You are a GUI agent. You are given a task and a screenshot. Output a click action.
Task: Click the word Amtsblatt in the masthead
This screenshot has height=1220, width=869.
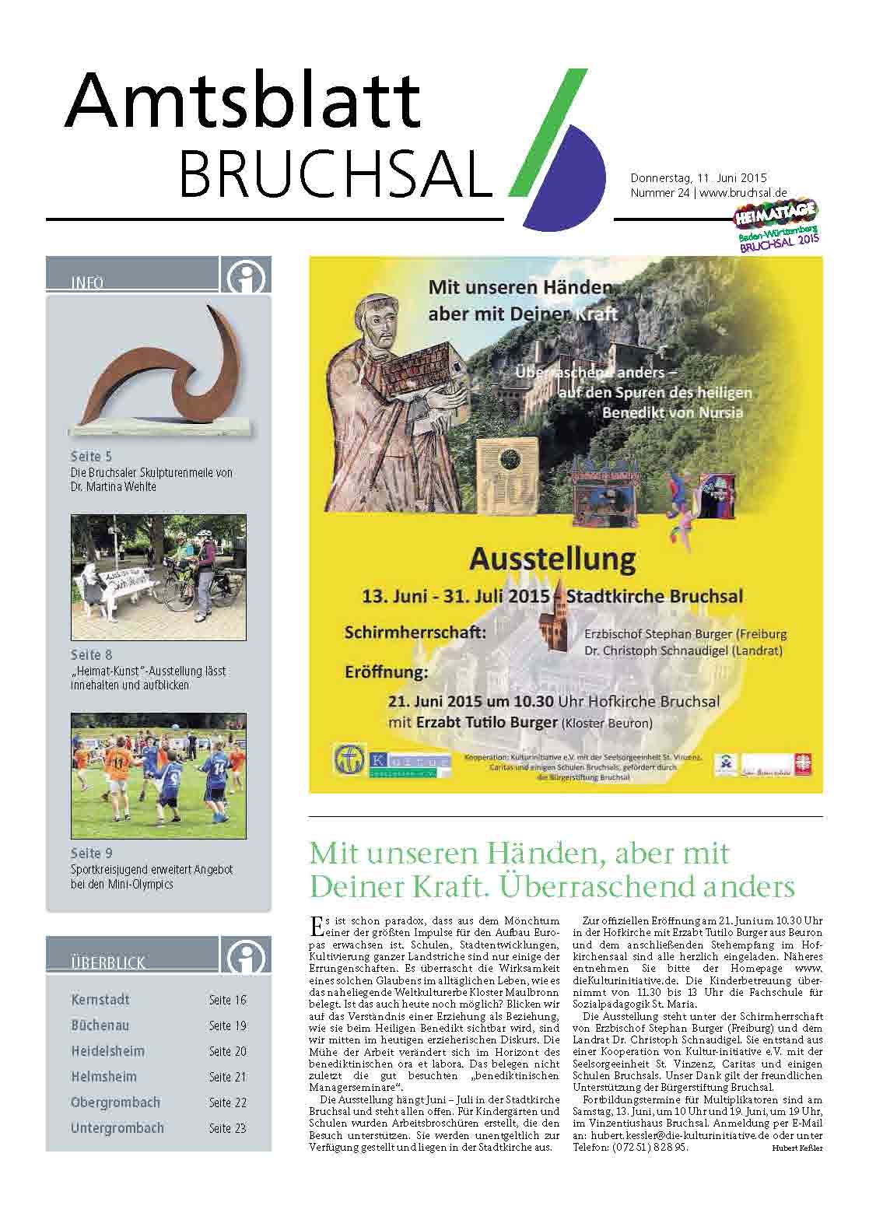pyautogui.click(x=242, y=102)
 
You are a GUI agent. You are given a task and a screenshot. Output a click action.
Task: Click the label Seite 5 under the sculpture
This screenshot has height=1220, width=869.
pyautogui.click(x=91, y=457)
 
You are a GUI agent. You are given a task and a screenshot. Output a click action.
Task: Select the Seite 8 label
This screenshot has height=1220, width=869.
pyautogui.click(x=91, y=655)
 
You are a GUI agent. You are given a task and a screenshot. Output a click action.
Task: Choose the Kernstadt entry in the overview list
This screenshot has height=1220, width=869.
pyautogui.click(x=100, y=1000)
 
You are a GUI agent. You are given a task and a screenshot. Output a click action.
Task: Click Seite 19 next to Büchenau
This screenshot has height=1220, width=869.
pyautogui.click(x=227, y=1025)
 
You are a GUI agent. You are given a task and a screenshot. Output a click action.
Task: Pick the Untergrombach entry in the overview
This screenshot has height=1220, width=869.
pyautogui.click(x=117, y=1127)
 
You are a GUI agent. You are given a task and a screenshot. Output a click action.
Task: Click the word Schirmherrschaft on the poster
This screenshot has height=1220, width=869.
pyautogui.click(x=415, y=633)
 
